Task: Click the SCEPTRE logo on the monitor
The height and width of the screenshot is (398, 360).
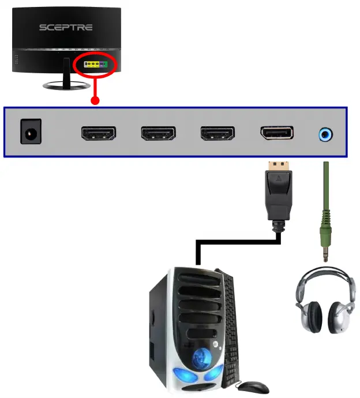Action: pos(65,27)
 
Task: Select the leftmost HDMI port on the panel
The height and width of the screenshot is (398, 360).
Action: pos(99,134)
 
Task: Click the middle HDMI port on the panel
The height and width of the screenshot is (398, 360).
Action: pos(158,134)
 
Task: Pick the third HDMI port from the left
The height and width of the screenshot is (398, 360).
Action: pos(217,134)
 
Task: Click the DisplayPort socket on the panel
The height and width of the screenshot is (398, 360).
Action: pos(277,134)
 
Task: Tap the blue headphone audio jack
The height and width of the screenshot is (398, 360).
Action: pos(325,134)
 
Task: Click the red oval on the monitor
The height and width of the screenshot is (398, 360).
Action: pos(96,65)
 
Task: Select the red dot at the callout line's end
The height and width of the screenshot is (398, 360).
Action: pos(95,100)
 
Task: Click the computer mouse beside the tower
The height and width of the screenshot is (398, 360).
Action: pos(253,386)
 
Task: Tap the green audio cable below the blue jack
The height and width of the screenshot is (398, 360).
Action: pos(325,196)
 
